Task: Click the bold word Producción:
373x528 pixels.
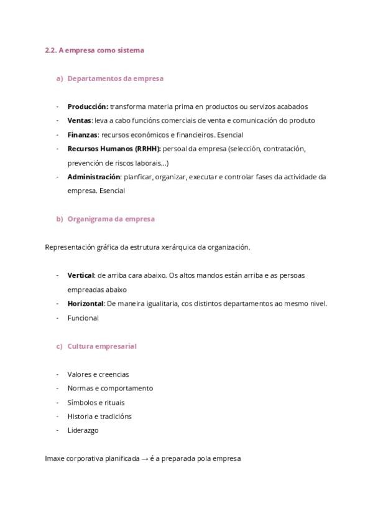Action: pyautogui.click(x=88, y=106)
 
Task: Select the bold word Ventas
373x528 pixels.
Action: pyautogui.click(x=79, y=120)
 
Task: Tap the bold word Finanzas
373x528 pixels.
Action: pyautogui.click(x=83, y=134)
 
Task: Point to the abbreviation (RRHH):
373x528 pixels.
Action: pyautogui.click(x=147, y=149)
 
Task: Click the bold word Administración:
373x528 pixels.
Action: pyautogui.click(x=94, y=177)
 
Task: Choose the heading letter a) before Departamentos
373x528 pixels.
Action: pyautogui.click(x=60, y=78)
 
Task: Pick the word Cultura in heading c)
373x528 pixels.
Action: pyautogui.click(x=80, y=346)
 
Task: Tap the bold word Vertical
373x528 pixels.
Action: pyautogui.click(x=81, y=275)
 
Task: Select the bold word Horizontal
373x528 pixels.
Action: pyautogui.click(x=86, y=303)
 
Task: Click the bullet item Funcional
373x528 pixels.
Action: pyautogui.click(x=83, y=318)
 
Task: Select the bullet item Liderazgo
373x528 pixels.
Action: pyautogui.click(x=83, y=430)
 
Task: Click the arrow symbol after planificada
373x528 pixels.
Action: pyautogui.click(x=145, y=459)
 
